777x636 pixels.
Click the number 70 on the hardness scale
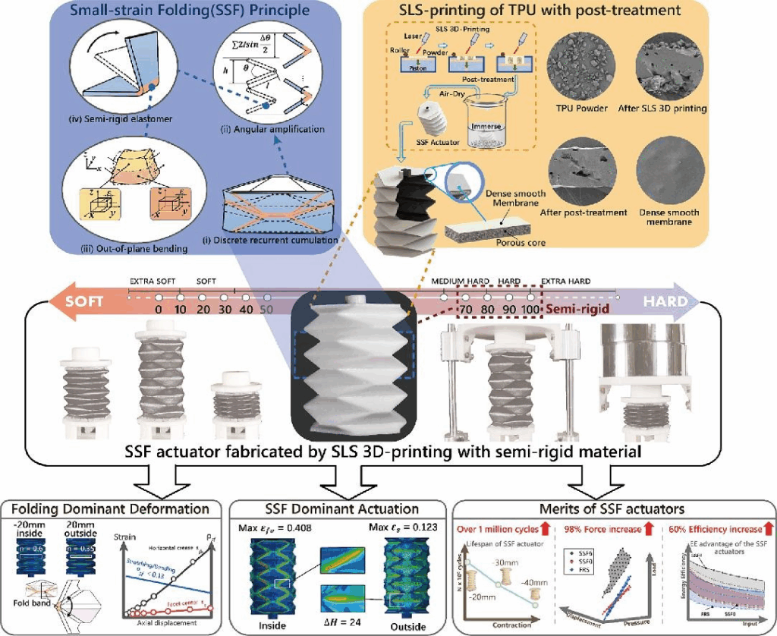(x=466, y=310)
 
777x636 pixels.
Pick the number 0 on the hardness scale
(x=159, y=310)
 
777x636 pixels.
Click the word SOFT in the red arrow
(x=85, y=301)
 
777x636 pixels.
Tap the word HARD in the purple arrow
(x=666, y=301)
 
